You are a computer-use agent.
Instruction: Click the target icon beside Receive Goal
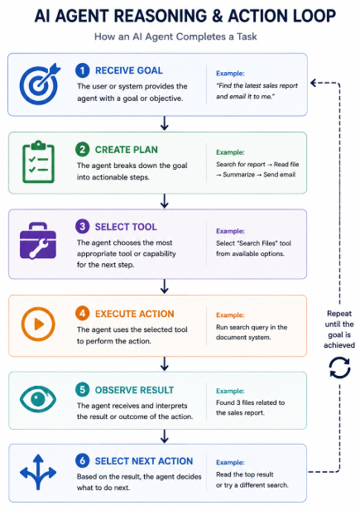[x=39, y=84]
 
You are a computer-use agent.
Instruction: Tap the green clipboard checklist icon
[x=38, y=161]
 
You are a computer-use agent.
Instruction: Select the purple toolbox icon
[x=38, y=241]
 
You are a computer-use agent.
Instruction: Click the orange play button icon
[x=38, y=324]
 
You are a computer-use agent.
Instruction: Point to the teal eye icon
[x=38, y=399]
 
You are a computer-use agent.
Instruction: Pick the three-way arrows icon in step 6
[x=38, y=472]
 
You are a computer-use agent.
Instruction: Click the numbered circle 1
[x=83, y=70]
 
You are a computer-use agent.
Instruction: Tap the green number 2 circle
[x=83, y=150]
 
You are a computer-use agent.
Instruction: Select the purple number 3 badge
[x=83, y=226]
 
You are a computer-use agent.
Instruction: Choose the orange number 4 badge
[x=83, y=314]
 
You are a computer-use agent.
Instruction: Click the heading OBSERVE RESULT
[x=134, y=390]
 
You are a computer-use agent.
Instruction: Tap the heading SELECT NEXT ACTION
[x=144, y=461]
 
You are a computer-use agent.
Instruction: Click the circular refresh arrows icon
[x=339, y=368]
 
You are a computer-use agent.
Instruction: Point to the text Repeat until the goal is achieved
[x=339, y=330]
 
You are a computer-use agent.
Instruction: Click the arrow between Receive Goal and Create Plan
[x=165, y=123]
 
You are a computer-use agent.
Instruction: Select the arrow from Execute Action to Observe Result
[x=165, y=363]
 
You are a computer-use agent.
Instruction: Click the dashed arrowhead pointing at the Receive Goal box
[x=314, y=83]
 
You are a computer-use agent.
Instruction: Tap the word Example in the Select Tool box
[x=230, y=231]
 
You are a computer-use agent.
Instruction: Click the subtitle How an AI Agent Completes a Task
[x=175, y=36]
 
